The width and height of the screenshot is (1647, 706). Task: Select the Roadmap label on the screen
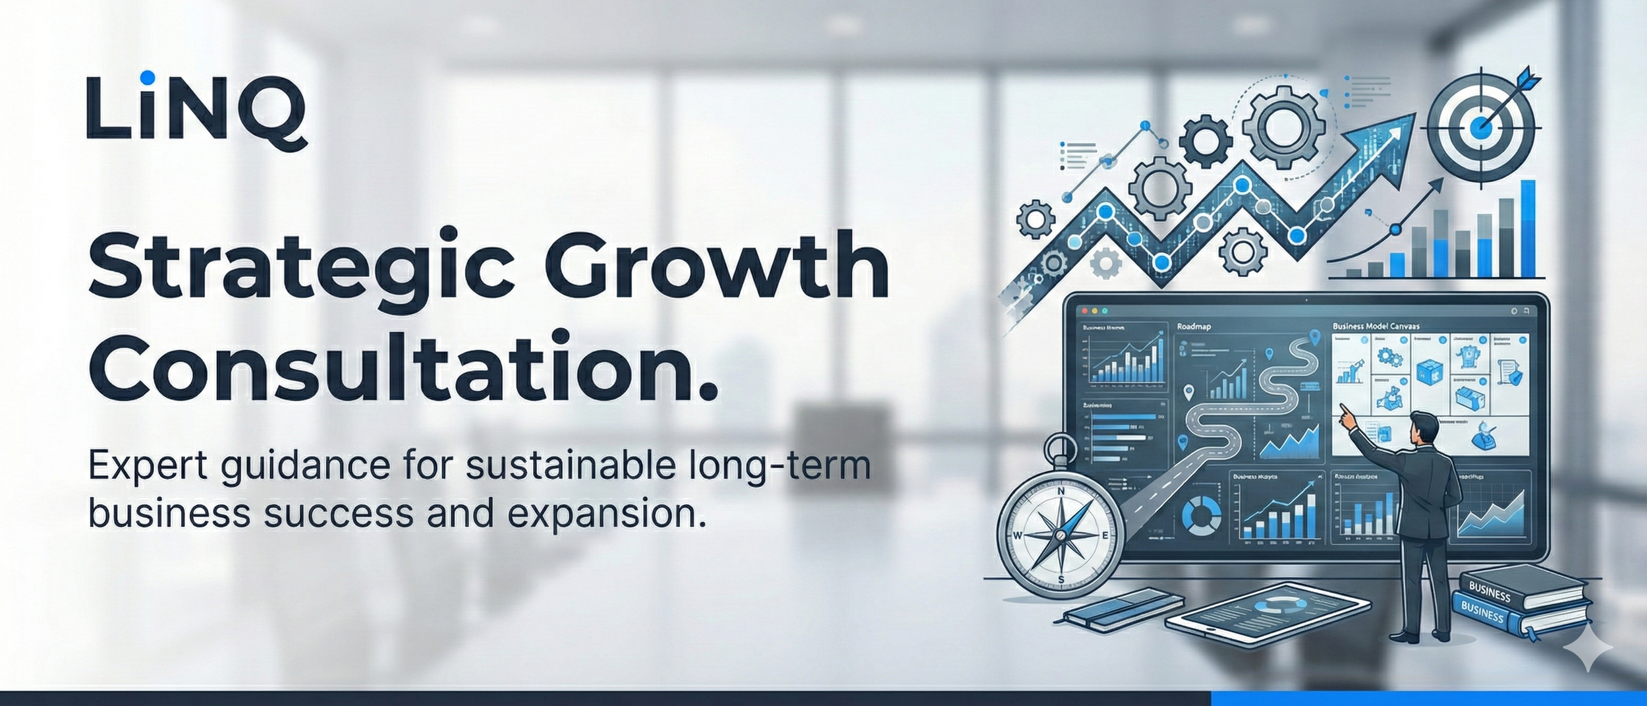tap(1193, 326)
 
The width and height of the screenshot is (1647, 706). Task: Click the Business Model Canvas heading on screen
tap(1376, 326)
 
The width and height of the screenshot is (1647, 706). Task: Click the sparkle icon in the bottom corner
tap(1588, 649)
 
